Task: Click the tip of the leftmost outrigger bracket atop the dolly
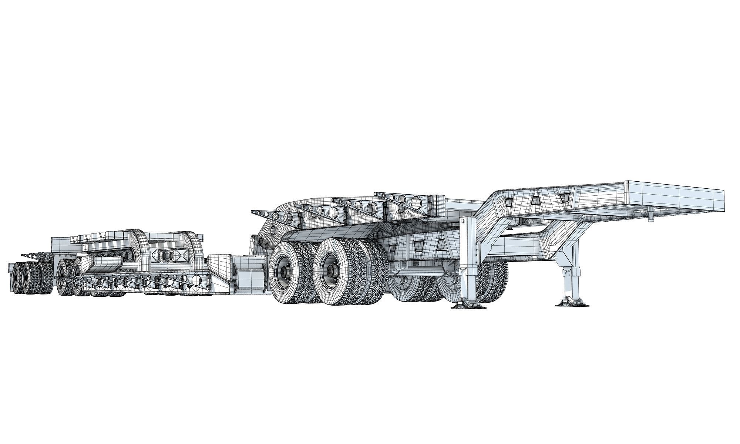[253, 211]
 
